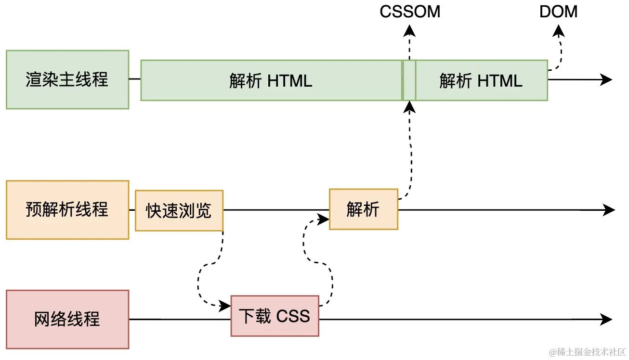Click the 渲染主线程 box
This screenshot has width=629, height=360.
[x=67, y=79]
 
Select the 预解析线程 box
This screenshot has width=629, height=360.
[x=67, y=210]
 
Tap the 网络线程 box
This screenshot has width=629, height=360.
[x=67, y=319]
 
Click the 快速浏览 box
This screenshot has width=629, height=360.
[x=179, y=210]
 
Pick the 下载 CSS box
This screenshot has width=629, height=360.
[x=275, y=316]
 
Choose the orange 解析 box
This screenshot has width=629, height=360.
[x=364, y=209]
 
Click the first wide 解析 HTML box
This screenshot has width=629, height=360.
[x=271, y=80]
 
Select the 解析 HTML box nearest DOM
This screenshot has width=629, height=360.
[x=481, y=80]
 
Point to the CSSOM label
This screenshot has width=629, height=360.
[x=410, y=12]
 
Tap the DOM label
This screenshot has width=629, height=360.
[x=559, y=12]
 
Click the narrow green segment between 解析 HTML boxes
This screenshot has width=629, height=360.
[x=409, y=80]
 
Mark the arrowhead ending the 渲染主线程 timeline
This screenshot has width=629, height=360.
[x=607, y=79]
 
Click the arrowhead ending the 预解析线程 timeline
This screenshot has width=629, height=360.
[x=610, y=210]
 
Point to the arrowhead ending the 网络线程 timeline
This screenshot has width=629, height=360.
[x=607, y=319]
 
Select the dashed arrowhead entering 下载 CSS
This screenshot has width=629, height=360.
[x=225, y=305]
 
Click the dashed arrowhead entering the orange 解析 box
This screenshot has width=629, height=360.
[x=324, y=219]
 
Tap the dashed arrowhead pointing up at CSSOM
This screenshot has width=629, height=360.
[x=409, y=30]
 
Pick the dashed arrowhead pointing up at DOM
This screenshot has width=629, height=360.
[x=559, y=30]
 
